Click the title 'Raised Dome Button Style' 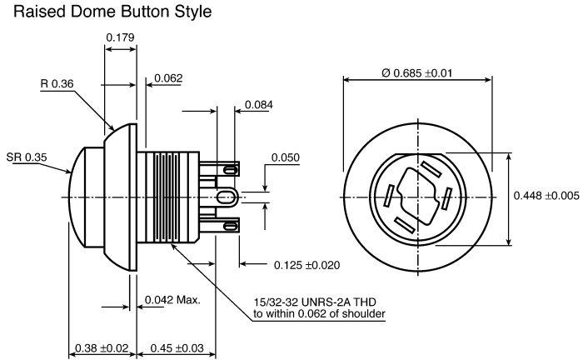point(112,12)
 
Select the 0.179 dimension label point(120,37)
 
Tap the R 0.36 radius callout point(57,83)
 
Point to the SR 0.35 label point(27,157)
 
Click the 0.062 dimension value point(168,78)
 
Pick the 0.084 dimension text point(259,105)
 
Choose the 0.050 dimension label point(285,157)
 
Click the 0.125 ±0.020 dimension point(306,265)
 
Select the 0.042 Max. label point(172,300)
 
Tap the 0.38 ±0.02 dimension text point(102,348)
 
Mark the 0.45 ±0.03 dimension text point(177,348)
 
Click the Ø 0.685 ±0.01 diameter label point(416,72)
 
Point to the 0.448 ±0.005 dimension point(546,196)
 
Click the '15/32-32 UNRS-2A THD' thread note point(315,302)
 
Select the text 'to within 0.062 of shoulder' point(319,314)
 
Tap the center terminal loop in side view point(227,197)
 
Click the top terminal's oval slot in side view point(230,170)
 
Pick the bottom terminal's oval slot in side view point(230,225)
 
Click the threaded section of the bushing point(168,197)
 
